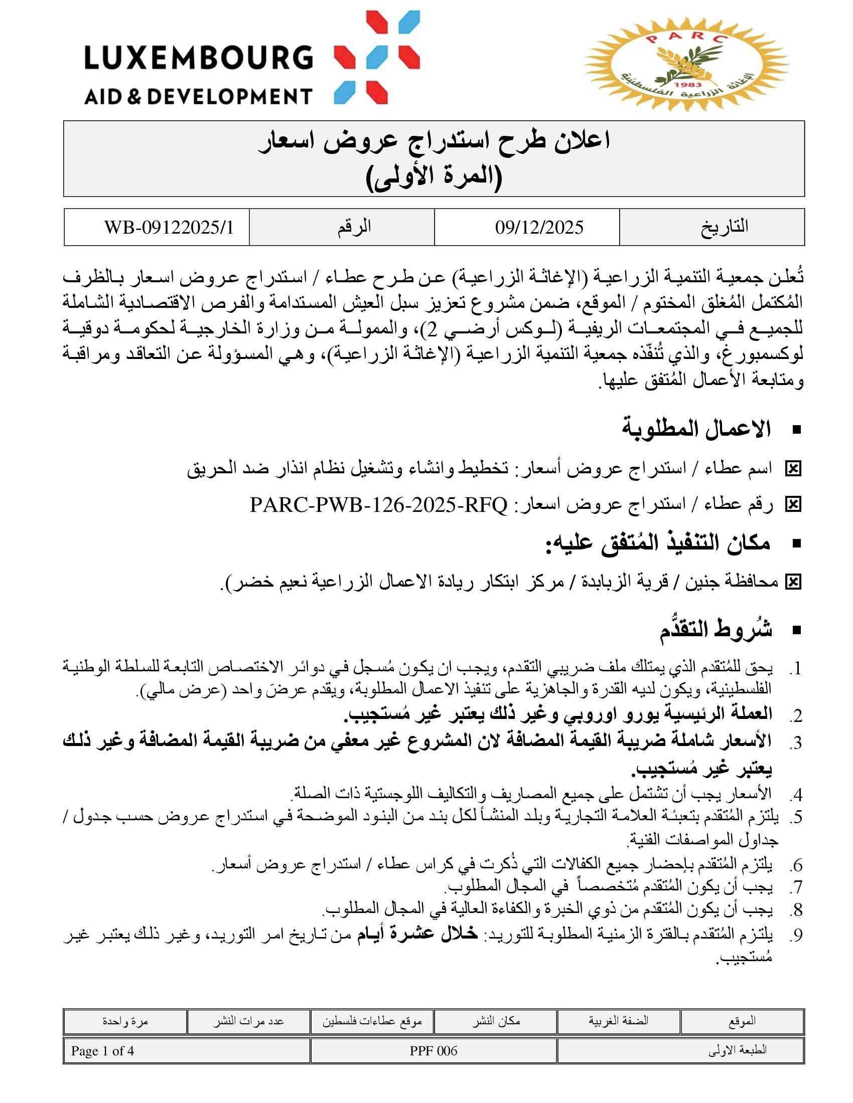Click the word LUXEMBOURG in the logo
tap(199, 57)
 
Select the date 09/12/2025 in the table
tap(539, 228)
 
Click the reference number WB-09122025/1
tap(169, 228)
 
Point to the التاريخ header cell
tap(724, 227)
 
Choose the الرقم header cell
tap(354, 227)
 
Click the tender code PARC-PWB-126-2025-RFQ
tap(378, 504)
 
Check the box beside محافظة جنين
tap(793, 582)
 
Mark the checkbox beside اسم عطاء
tap(793, 469)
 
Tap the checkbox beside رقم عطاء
tap(793, 504)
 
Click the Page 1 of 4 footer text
tap(102, 1051)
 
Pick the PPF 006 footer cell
tap(433, 1051)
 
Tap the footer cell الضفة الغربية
tap(618, 1021)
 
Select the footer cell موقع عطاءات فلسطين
tap(372, 1021)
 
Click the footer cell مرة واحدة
tap(125, 1021)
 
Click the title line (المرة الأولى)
tap(434, 177)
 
